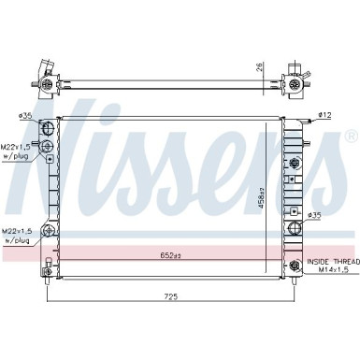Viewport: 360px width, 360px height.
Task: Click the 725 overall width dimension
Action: click(171, 297)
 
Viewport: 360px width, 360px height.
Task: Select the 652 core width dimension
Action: click(169, 255)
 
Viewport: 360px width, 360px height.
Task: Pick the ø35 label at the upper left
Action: click(25, 117)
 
